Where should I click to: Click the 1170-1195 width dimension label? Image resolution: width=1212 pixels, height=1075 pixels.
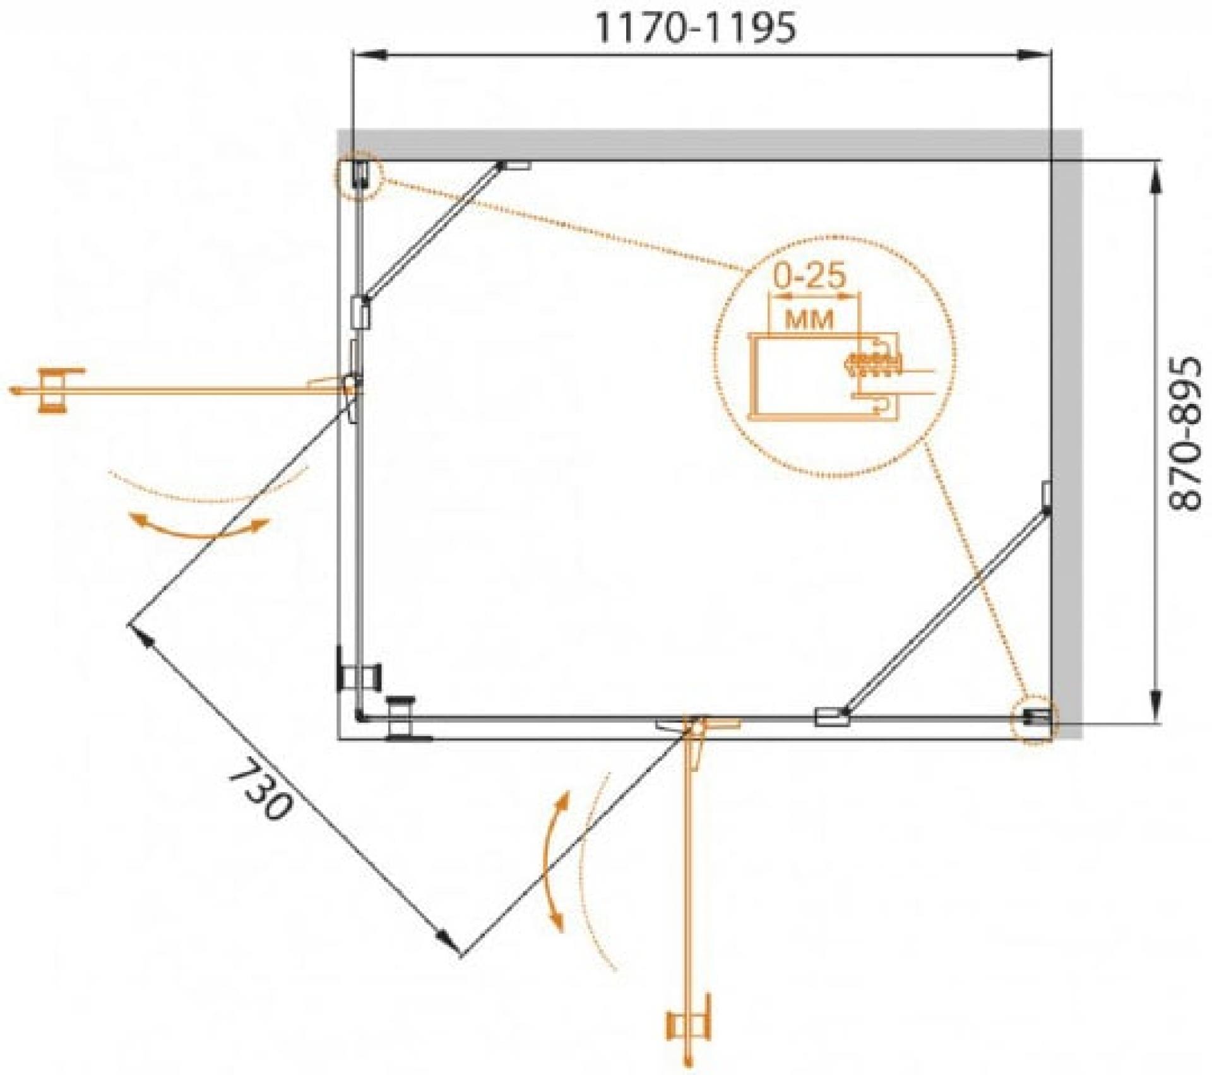[696, 29]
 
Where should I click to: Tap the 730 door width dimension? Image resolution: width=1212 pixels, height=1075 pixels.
[259, 788]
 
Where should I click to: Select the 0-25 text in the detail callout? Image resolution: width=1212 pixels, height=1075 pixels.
[809, 276]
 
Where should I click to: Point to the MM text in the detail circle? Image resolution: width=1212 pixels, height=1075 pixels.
[809, 319]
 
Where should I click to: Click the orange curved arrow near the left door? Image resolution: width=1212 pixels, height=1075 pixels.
[199, 527]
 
